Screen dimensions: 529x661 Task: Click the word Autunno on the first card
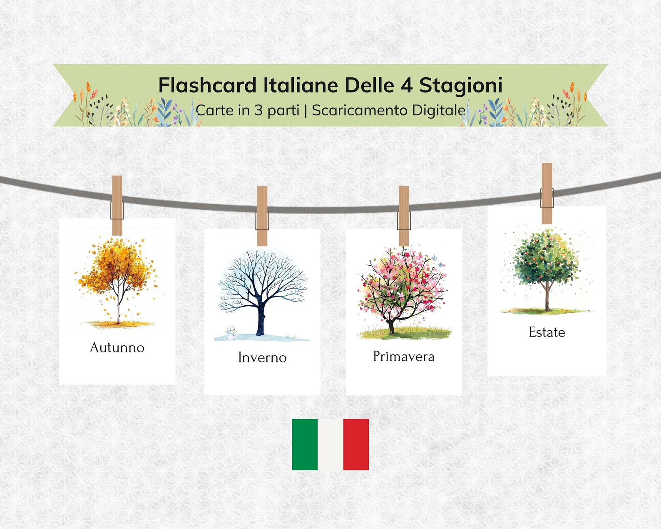coord(117,347)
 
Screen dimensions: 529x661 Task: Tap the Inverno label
coord(262,357)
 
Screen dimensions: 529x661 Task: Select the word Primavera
coord(403,357)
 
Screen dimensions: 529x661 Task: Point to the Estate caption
coord(547,332)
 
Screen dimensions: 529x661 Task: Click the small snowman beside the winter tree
coord(231,333)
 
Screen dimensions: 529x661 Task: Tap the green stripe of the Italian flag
coord(305,444)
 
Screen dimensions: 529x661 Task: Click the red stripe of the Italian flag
coord(356,444)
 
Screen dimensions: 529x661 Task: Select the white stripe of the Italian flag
coord(330,444)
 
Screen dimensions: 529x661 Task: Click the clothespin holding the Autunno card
coord(117,205)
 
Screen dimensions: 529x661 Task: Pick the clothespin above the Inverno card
coord(262,216)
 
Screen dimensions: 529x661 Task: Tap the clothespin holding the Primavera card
coord(404,216)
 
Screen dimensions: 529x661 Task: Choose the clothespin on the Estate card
coord(547,194)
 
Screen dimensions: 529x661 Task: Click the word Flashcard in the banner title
coord(207,85)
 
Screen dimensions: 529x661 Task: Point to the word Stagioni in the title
coord(460,85)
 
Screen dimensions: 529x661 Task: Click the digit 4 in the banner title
coord(406,85)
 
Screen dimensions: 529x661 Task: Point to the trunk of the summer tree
coord(547,298)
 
